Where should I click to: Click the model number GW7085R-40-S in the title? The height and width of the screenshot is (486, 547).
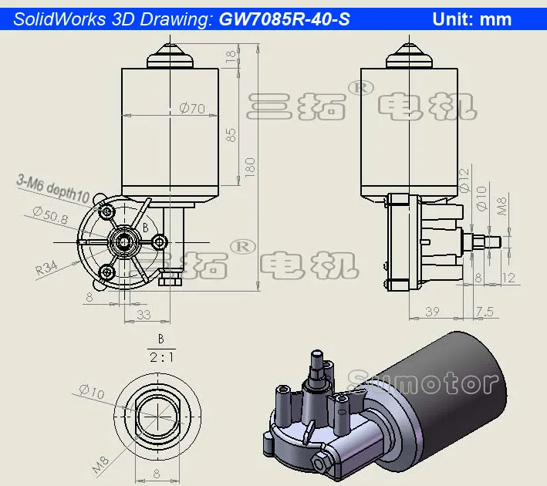(x=285, y=19)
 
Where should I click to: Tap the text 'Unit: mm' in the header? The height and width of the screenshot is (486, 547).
(x=472, y=19)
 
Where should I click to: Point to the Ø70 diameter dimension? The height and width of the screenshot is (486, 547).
(x=191, y=109)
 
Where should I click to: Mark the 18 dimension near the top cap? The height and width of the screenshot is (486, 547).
(x=231, y=56)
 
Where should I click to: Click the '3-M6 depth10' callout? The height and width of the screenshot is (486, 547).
(x=53, y=186)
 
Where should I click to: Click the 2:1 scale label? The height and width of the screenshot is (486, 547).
(x=161, y=357)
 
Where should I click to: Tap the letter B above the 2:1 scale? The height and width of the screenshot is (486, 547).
(x=161, y=338)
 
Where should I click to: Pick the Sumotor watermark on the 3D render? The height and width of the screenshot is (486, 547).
(x=424, y=381)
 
